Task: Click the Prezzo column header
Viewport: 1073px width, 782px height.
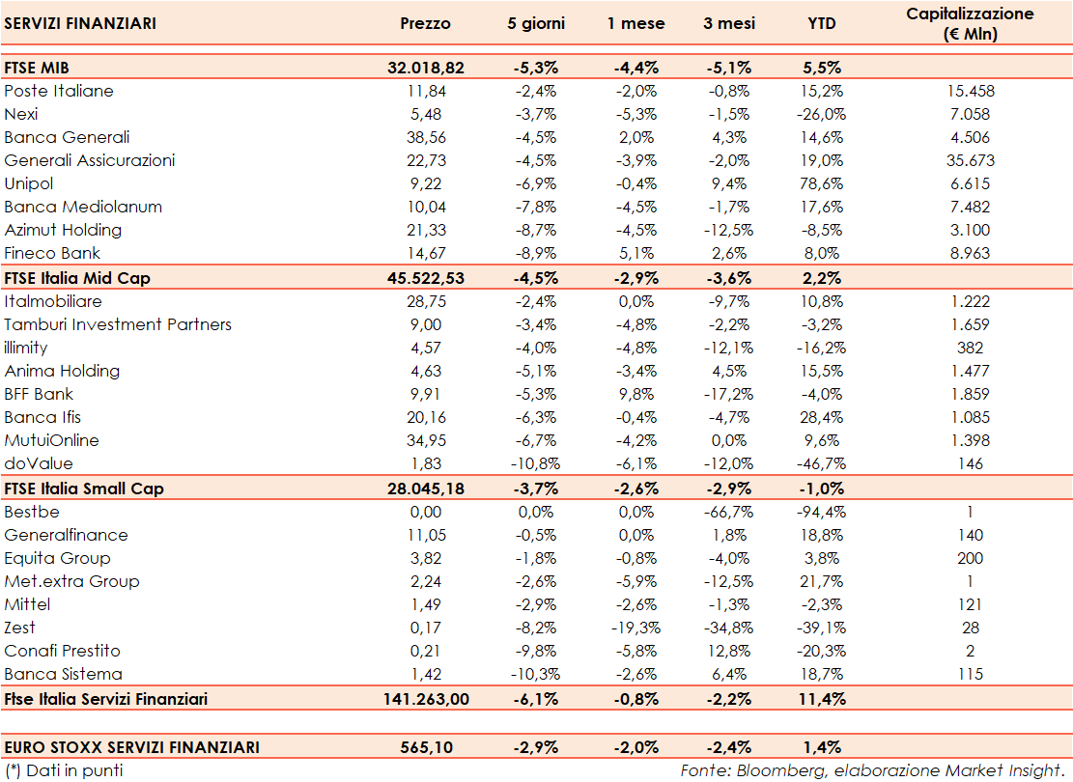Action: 425,23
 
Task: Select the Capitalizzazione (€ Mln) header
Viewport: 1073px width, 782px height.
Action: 970,23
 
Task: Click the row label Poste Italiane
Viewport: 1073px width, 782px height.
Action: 59,91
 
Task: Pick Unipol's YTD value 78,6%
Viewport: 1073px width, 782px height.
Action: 822,183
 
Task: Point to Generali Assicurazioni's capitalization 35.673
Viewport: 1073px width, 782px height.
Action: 970,160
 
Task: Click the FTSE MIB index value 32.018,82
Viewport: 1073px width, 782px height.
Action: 425,68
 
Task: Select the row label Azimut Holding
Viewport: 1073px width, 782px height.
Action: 63,230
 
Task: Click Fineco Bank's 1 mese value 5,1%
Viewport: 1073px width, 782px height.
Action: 636,253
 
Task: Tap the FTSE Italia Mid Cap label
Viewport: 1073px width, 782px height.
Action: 77,277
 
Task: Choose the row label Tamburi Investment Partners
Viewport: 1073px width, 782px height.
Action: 118,324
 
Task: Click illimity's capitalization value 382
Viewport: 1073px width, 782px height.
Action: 970,348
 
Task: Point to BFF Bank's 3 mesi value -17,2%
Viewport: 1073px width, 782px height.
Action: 729,394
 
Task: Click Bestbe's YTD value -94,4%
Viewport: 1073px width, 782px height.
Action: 822,512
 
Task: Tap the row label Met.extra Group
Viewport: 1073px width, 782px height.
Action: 71,581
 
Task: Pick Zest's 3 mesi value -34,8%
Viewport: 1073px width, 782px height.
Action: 729,628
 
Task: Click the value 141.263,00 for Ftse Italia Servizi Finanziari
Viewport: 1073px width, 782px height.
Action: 425,698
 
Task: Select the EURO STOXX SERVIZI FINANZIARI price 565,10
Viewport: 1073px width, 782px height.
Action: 425,746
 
